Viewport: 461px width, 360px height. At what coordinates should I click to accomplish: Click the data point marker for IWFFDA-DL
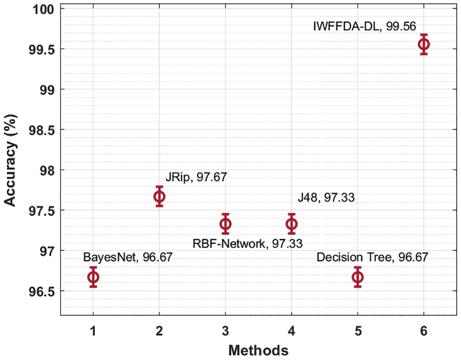coord(423,44)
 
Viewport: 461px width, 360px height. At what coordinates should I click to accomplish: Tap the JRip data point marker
coord(159,196)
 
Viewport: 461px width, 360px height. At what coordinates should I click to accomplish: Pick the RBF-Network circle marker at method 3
coord(225,224)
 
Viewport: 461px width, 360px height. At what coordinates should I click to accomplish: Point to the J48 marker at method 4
coord(291,224)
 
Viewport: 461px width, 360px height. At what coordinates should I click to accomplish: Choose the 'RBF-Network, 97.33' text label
coord(248,243)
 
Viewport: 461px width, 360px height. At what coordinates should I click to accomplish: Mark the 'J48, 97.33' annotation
coord(326,198)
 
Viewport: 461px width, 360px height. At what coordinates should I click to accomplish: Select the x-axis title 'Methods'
coord(258,349)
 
